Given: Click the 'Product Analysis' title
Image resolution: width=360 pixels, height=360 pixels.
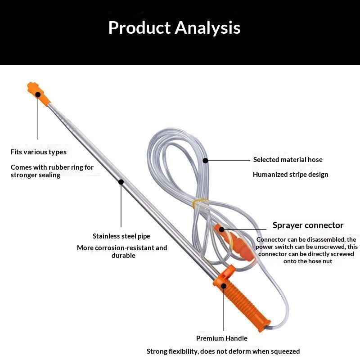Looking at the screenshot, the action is click(174, 28).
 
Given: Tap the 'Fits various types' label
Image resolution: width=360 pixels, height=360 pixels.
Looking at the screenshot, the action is click(38, 152).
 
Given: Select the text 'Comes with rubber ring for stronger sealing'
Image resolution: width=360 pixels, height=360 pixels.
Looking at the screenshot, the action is click(52, 171).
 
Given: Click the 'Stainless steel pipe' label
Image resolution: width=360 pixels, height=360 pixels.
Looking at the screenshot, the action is click(121, 236).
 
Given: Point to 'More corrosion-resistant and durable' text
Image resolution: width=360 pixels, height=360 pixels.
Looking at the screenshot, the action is click(122, 252).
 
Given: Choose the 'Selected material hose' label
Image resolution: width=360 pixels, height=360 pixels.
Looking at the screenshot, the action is click(288, 160).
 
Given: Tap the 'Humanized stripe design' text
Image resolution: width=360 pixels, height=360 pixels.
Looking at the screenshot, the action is click(290, 175).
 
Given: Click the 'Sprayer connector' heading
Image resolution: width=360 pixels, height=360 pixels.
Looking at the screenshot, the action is click(308, 225).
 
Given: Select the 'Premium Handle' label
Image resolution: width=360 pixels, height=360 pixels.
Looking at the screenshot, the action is click(221, 338).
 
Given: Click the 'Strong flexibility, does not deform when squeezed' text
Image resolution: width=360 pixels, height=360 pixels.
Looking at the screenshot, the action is click(223, 351).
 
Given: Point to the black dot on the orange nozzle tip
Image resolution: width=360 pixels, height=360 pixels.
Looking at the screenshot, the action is click(38, 94).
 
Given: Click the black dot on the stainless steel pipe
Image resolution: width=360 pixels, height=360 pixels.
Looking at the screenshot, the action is click(121, 182).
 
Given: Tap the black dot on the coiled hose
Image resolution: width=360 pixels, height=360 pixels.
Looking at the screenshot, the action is click(206, 161).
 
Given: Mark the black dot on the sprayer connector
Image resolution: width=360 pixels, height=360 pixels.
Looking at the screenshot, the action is click(221, 229).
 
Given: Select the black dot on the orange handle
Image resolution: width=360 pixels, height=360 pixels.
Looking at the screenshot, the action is click(224, 286).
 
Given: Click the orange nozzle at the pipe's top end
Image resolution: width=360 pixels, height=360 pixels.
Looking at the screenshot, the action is click(38, 93).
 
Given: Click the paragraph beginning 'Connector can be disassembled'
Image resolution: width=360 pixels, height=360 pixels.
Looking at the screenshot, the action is click(306, 250).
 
